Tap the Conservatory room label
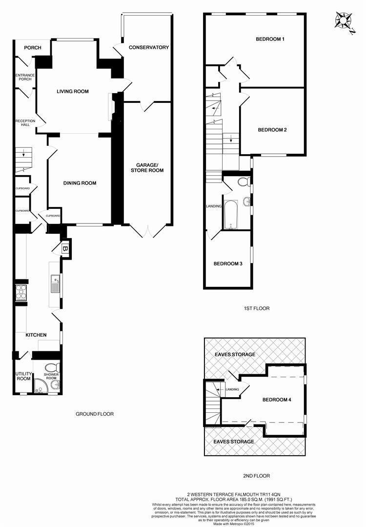pyautogui.click(x=149, y=47)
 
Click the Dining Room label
pyautogui.click(x=80, y=183)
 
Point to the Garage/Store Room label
pyautogui.click(x=147, y=167)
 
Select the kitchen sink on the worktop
pyautogui.click(x=55, y=283)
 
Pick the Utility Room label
pyautogui.click(x=23, y=376)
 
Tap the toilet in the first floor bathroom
pyautogui.click(x=243, y=182)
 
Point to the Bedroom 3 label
pyautogui.click(x=228, y=263)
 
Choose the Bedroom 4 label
pyautogui.click(x=277, y=400)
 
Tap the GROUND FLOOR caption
pyautogui.click(x=95, y=414)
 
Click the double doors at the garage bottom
pyautogui.click(x=147, y=230)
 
